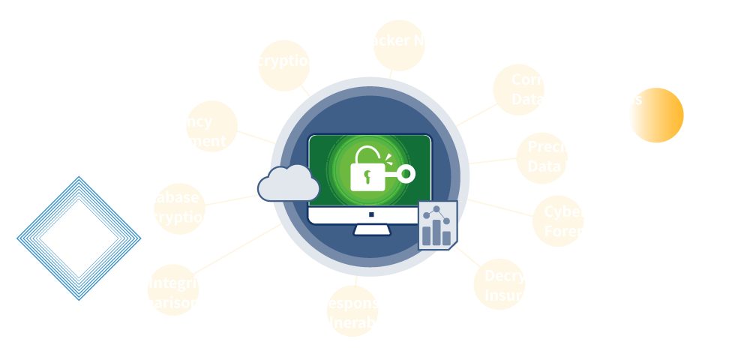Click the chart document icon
(437, 226)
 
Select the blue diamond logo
(79, 238)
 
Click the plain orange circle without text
(655, 115)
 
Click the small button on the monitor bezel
(370, 214)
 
